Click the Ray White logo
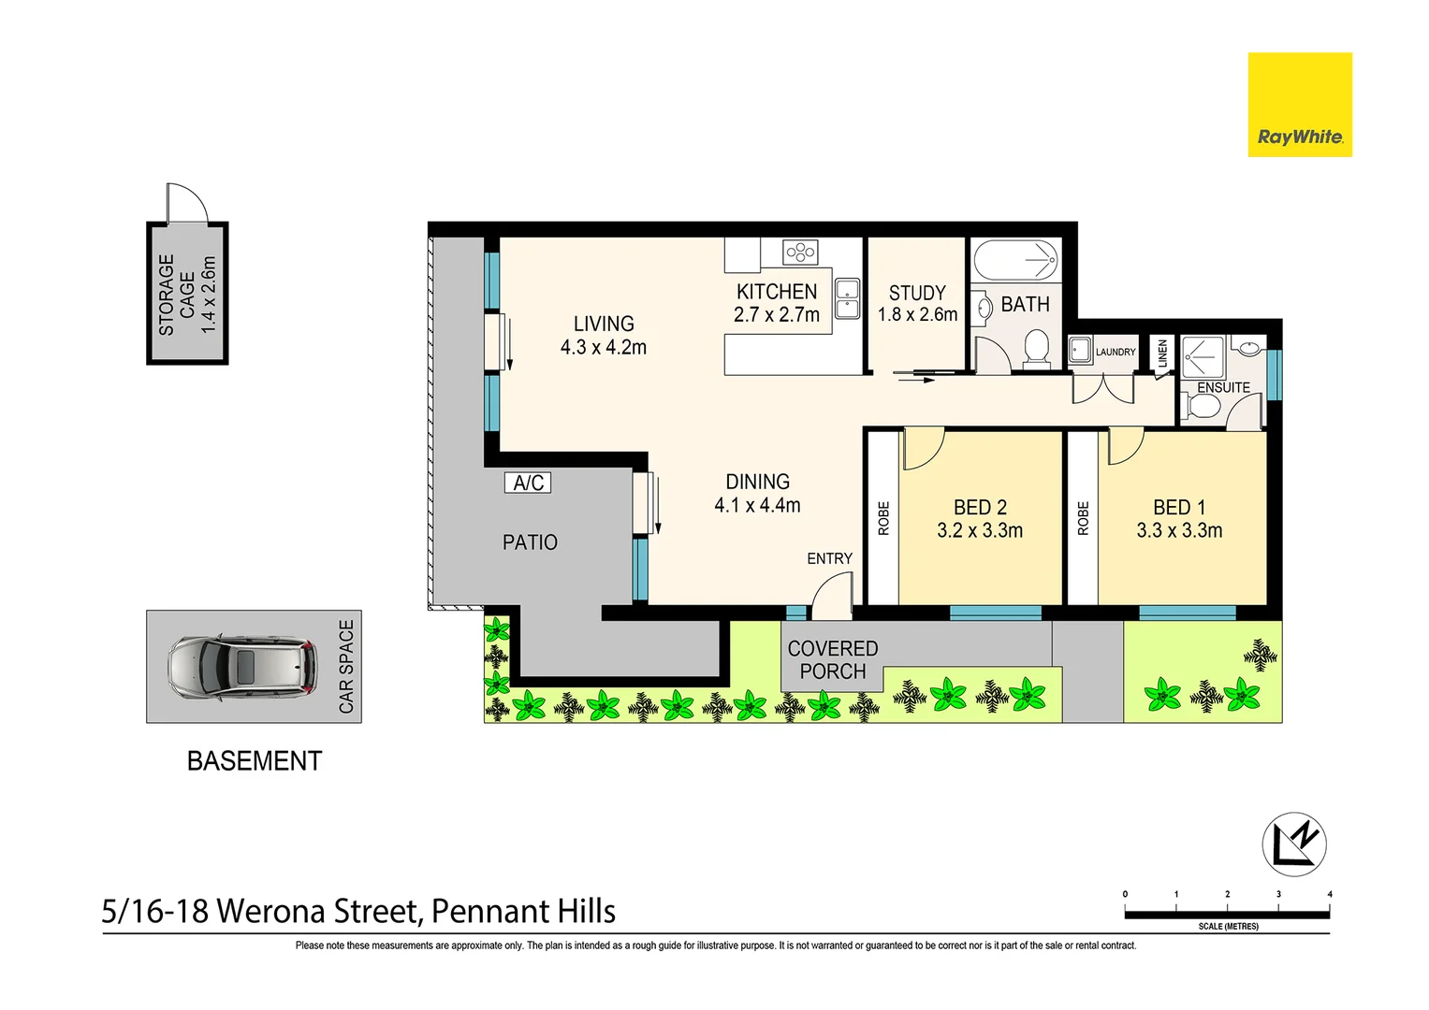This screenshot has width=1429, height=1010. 1299,105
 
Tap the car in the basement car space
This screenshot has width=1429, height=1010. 241,666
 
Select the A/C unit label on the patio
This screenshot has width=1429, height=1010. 528,483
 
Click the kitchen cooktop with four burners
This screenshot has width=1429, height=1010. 801,251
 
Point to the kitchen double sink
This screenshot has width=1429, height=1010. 847,298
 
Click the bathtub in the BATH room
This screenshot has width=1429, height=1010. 1015,258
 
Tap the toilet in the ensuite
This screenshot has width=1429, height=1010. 1202,407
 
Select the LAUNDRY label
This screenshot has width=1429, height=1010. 1115,353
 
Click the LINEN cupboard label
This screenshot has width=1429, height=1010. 1162,353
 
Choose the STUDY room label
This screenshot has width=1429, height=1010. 917,293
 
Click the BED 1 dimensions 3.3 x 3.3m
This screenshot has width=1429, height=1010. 1179,531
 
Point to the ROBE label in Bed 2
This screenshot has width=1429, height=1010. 883,518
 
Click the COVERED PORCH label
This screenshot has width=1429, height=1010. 832,660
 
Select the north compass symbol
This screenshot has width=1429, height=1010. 1294,844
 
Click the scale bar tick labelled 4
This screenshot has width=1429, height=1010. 1329,895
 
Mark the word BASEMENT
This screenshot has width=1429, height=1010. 255,761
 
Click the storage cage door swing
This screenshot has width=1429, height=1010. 186,202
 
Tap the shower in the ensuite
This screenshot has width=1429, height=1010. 1203,357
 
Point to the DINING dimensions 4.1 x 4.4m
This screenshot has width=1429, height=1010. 757,506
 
